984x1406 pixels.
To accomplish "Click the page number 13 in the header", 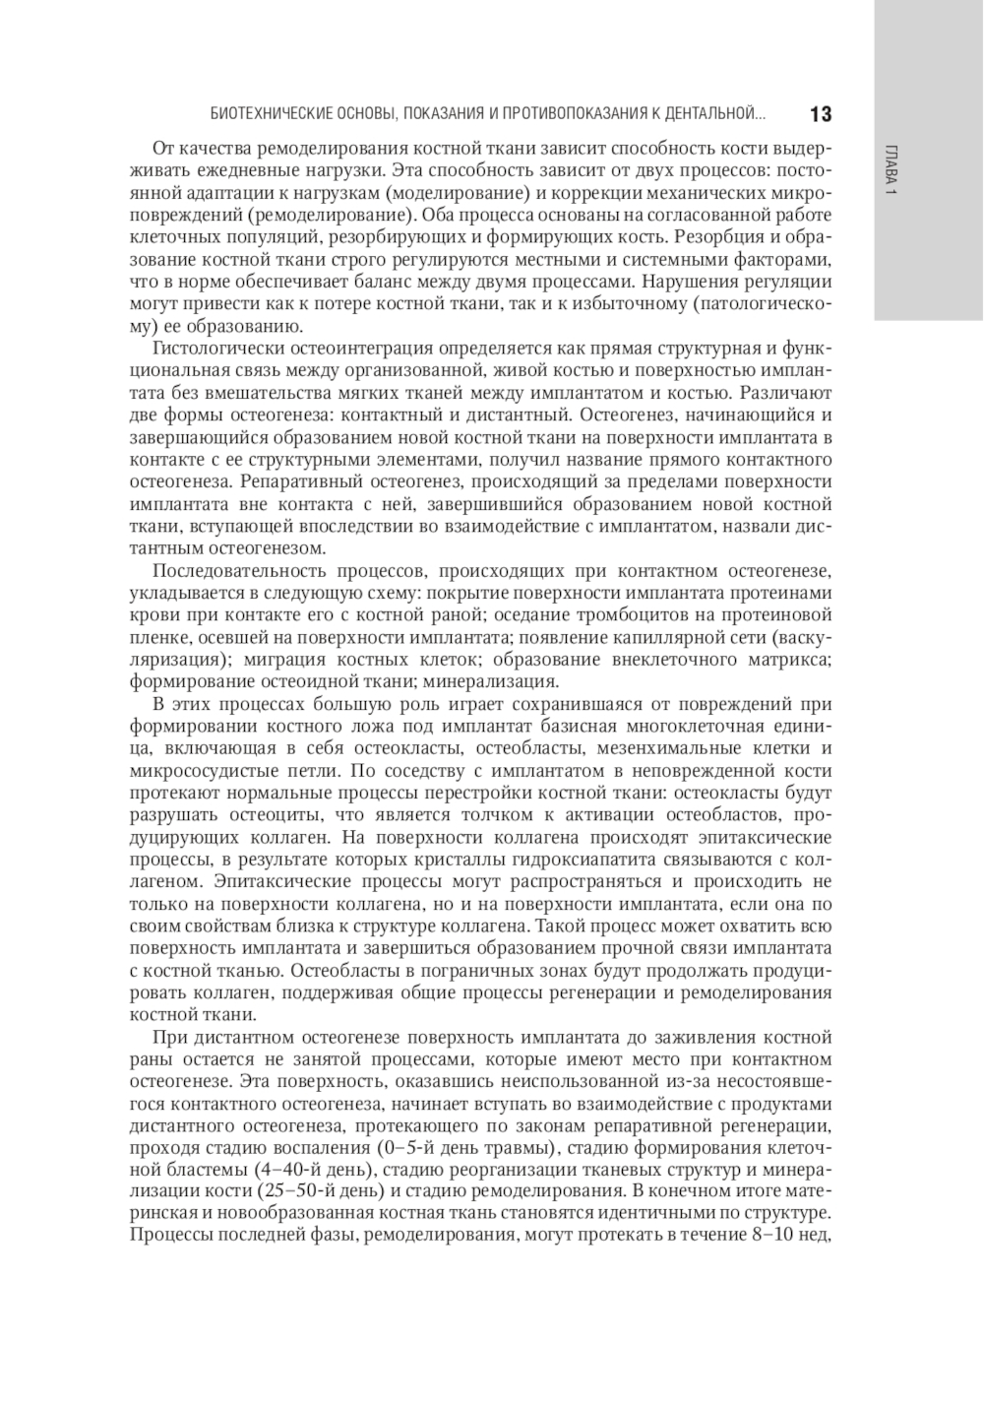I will [x=821, y=114].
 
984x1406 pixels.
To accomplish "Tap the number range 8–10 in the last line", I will [x=771, y=1237].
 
